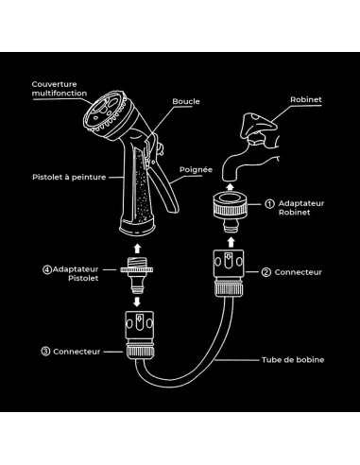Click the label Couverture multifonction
click(x=60, y=89)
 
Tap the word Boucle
click(x=186, y=101)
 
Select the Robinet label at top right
click(x=306, y=99)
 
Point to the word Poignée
click(x=196, y=170)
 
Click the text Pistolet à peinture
click(x=69, y=177)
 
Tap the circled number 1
click(x=269, y=204)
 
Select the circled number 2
click(x=266, y=272)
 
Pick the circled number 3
click(x=45, y=352)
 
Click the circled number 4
click(x=47, y=269)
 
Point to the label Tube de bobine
click(x=293, y=360)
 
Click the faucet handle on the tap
click(x=258, y=125)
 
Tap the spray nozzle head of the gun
click(x=107, y=112)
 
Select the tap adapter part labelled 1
click(x=231, y=212)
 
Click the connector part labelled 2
click(x=229, y=273)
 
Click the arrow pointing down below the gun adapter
click(x=137, y=301)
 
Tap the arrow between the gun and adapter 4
click(x=137, y=248)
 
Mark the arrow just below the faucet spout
click(x=231, y=186)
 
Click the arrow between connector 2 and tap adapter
click(x=231, y=242)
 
